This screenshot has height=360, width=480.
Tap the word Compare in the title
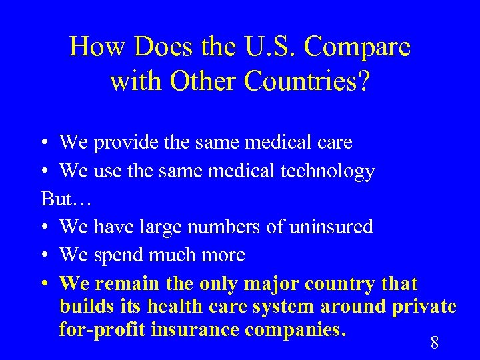361,47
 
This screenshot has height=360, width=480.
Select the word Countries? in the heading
308,81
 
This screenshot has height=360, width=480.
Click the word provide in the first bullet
123,143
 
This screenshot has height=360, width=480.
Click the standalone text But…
66,199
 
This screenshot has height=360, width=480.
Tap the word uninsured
331,227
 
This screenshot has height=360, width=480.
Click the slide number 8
435,343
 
